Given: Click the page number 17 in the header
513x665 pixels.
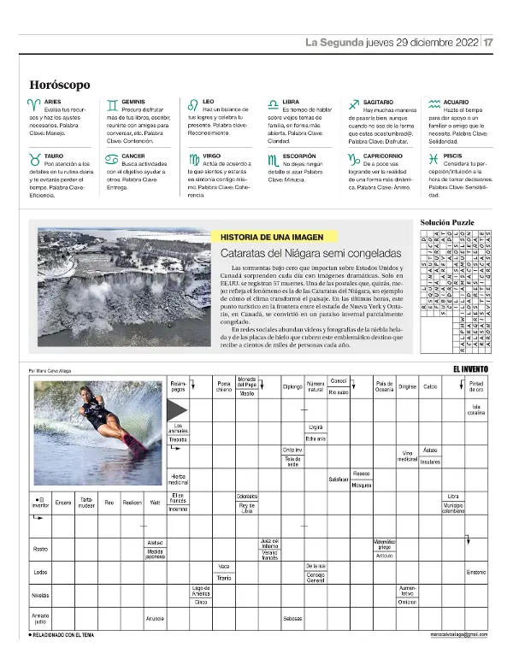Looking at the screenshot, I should pos(488,43).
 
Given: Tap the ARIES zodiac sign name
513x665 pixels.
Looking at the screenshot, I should pos(52,102).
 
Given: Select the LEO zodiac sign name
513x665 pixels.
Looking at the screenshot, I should pos(209,102).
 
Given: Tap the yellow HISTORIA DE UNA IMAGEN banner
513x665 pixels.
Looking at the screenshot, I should pos(274,235).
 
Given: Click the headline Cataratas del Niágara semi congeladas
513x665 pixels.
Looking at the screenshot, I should pos(305,254).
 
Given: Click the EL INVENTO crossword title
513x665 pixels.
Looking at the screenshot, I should pos(472,368).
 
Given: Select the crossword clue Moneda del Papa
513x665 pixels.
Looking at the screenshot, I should pos(247,381).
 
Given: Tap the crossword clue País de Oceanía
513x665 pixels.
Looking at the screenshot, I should pos(384,386).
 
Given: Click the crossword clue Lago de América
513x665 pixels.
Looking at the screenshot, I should pos(201,590).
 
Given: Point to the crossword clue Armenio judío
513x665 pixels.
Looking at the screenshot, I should pos(40,618).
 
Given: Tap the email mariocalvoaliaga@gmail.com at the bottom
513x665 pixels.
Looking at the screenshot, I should pos(459,635).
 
